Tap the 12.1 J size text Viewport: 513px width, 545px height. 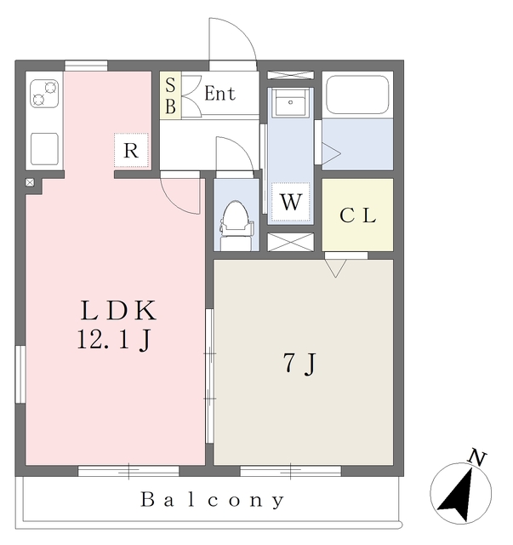(114, 341)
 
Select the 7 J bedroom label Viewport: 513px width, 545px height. (299, 364)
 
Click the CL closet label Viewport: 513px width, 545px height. (358, 215)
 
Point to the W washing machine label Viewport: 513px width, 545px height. (290, 204)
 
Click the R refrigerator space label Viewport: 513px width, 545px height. (131, 152)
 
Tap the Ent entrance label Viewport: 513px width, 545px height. (219, 94)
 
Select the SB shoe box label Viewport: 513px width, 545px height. (170, 95)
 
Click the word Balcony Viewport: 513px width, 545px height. (212, 500)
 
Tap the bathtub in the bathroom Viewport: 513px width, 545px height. (357, 95)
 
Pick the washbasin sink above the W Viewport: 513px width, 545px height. (291, 105)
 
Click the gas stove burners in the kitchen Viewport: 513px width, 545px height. (44, 93)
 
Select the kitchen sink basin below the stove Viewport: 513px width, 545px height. (44, 148)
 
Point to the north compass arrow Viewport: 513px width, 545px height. (460, 496)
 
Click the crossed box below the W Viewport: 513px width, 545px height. (290, 241)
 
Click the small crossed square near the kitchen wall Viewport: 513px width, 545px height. (30, 182)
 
